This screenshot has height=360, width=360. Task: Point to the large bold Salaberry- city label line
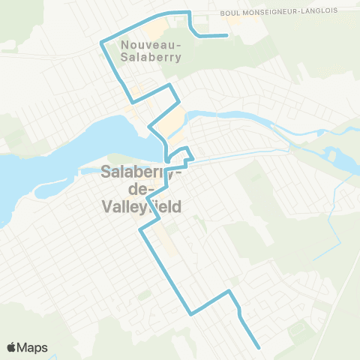139,172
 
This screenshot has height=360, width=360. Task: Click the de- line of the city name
141,190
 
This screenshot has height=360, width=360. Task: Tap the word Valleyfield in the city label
141,207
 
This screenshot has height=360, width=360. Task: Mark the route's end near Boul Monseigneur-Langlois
227,35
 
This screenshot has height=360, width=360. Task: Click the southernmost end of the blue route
259,347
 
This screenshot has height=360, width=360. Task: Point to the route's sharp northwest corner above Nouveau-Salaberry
100,43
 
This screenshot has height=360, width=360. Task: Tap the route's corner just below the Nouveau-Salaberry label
133,101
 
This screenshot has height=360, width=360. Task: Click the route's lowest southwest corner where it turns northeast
191,314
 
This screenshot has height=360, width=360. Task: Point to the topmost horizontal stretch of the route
170,13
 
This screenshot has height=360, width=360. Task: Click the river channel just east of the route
225,115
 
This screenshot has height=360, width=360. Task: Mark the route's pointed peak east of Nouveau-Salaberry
172,85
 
